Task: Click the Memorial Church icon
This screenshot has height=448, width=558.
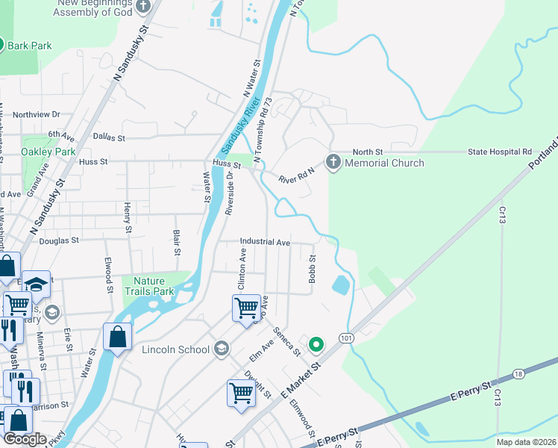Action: (x=333, y=161)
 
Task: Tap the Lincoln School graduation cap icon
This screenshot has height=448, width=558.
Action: (x=222, y=349)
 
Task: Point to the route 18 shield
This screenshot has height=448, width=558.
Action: (x=519, y=373)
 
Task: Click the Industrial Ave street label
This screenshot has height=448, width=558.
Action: (x=265, y=242)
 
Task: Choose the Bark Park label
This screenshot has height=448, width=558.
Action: (x=30, y=46)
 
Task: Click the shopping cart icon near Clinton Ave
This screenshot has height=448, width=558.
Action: (x=246, y=306)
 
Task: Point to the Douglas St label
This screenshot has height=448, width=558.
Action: (x=59, y=240)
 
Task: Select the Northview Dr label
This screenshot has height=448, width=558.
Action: (x=36, y=114)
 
